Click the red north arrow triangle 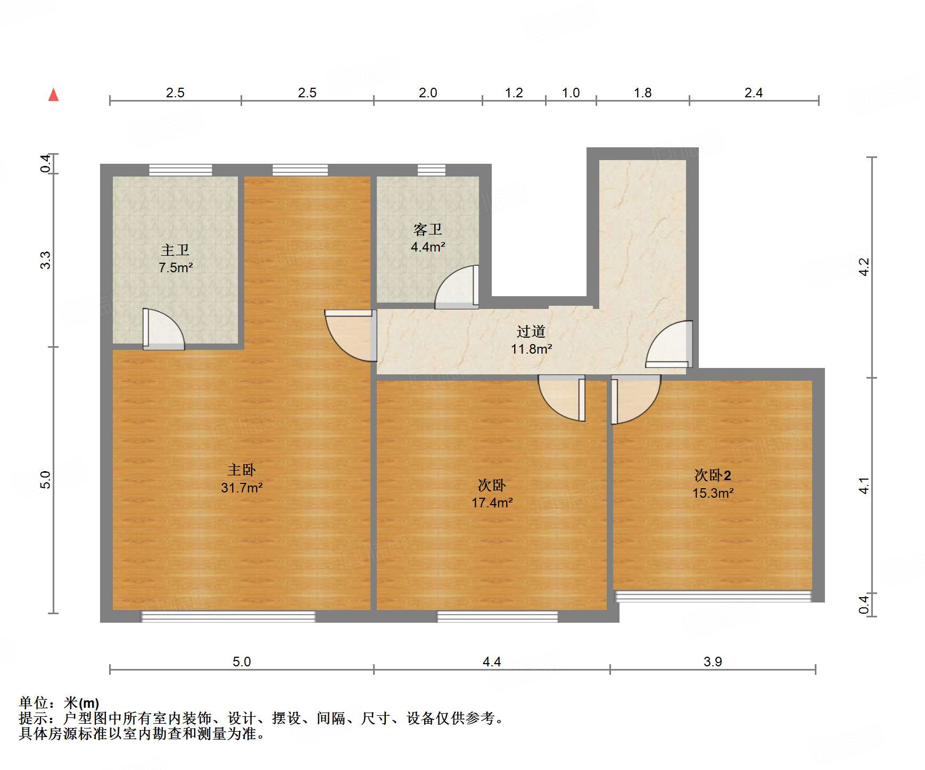coord(53,95)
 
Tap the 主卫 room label coord(175,250)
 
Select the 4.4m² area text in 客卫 coord(428,247)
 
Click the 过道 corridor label coord(531,331)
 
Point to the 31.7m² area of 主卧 coord(242,487)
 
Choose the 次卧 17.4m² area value coord(492,502)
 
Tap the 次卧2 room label coord(713,475)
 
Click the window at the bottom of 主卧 coord(228,616)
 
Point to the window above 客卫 coord(431,170)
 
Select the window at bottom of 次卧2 coord(713,596)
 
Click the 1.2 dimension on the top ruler coord(514,93)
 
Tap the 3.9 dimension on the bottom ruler coord(713,662)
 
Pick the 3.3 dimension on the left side coord(46,260)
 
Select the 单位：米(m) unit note coord(59,703)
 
